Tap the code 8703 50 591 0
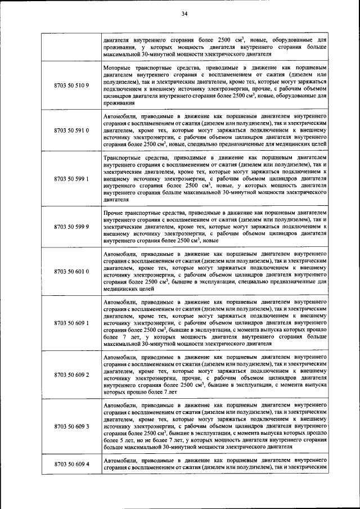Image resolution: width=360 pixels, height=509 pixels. pyautogui.click(x=71, y=130)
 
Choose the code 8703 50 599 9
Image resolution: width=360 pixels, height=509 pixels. pyautogui.click(x=71, y=227)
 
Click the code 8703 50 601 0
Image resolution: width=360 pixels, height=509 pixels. pyautogui.click(x=71, y=271)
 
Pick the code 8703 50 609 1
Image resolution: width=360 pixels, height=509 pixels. pyautogui.click(x=71, y=323)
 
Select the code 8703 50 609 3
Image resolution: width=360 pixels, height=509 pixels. pyautogui.click(x=71, y=426)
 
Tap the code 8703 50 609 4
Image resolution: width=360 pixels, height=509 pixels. pyautogui.click(x=71, y=465)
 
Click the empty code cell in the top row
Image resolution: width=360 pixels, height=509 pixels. pyautogui.click(x=71, y=48)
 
